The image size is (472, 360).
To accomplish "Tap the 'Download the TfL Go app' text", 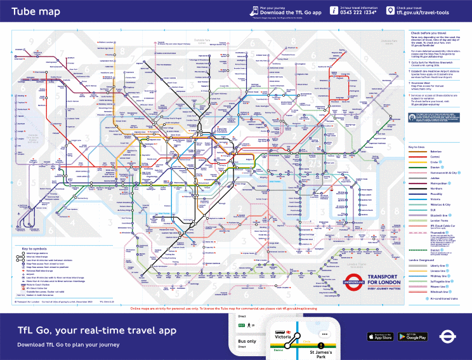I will pyautogui.click(x=291, y=13).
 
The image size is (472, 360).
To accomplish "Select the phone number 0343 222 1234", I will pyautogui.click(x=358, y=13).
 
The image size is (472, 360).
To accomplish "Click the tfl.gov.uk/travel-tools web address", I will pyautogui.click(x=429, y=13).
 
